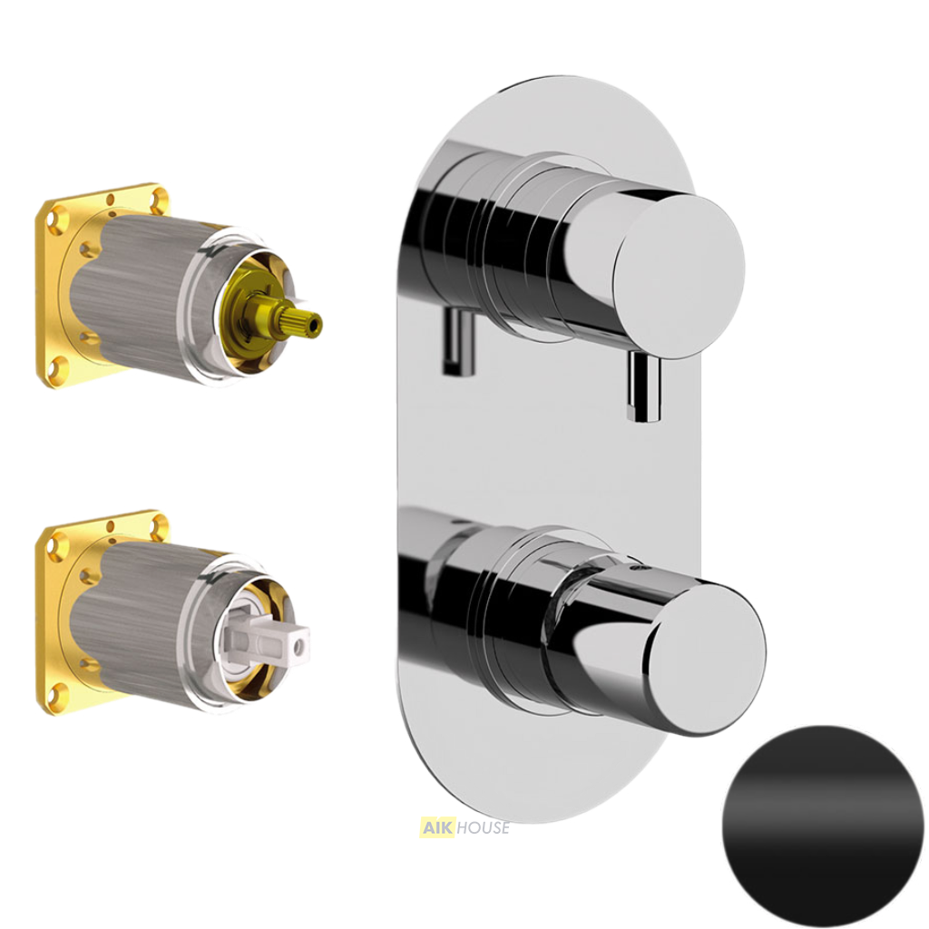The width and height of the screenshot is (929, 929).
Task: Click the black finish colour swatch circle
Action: coord(822,827)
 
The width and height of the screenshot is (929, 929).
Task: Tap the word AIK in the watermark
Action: coord(436,827)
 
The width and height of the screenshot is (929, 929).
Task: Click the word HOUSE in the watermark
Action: coord(483,827)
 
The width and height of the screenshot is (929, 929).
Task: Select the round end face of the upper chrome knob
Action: coord(679,276)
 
